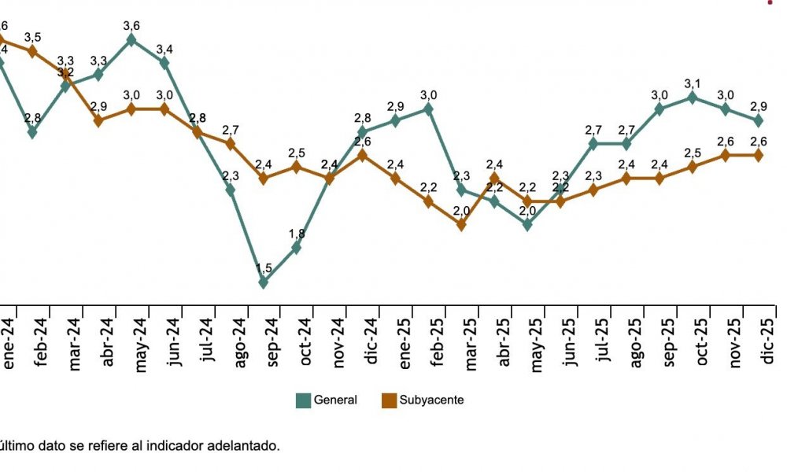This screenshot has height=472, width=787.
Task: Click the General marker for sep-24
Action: (264, 282)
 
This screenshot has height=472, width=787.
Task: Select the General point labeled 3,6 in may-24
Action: (131, 39)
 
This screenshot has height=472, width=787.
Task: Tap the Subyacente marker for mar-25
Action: (461, 224)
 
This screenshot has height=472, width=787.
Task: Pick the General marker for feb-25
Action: (428, 109)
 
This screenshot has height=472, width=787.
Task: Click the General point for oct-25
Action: (693, 98)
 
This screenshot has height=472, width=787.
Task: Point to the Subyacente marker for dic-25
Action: (759, 155)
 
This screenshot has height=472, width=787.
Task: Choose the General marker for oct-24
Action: (297, 247)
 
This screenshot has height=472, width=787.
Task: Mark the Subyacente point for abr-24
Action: (98, 120)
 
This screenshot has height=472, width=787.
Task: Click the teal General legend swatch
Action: (303, 400)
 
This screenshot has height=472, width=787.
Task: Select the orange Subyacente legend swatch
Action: (388, 400)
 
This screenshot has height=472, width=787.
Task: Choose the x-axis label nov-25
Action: (736, 341)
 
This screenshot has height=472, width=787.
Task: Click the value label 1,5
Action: (264, 268)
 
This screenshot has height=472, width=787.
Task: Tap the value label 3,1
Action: (693, 83)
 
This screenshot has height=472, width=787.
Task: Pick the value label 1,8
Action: (297, 234)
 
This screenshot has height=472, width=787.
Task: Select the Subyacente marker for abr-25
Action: (494, 179)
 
